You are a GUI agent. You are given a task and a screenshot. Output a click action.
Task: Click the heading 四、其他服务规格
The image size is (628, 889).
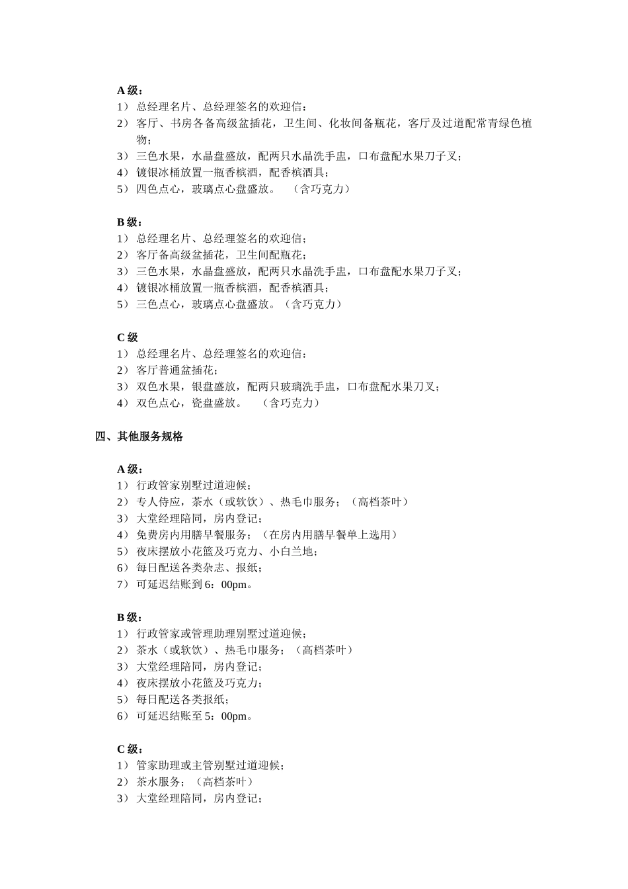[x=139, y=437]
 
